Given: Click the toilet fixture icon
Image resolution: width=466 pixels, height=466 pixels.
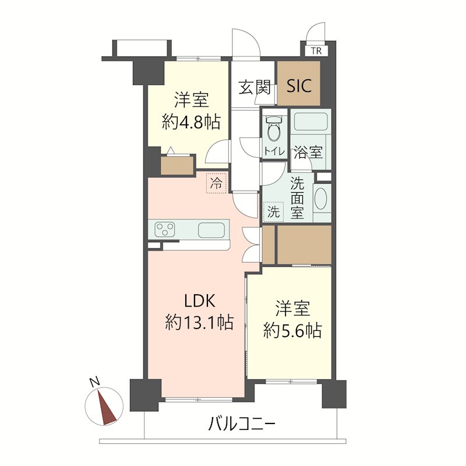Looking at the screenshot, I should point(273,128).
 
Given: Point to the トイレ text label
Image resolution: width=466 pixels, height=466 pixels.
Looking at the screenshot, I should point(273,151).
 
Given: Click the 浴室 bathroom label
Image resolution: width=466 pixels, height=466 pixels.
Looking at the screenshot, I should point(308,153).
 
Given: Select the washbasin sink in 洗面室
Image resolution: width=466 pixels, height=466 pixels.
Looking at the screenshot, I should point(321,198).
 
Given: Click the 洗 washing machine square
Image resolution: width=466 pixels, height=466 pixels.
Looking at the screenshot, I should point(273,211).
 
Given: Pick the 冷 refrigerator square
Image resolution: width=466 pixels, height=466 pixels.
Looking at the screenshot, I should point(216,184).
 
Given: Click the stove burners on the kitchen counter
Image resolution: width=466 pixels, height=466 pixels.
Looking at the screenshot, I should point(166,230).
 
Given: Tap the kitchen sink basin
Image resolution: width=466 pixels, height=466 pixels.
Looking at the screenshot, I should point(211,230).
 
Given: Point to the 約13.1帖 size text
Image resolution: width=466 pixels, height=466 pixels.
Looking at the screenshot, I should point(200,322).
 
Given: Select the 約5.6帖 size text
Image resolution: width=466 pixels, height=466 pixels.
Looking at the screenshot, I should point(292,331).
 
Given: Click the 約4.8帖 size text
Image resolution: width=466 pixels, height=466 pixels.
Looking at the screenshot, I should point(191,121).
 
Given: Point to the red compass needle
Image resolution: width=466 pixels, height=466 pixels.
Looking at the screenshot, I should point(108,407).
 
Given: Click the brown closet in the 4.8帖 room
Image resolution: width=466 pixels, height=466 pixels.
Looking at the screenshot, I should point(178,166).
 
